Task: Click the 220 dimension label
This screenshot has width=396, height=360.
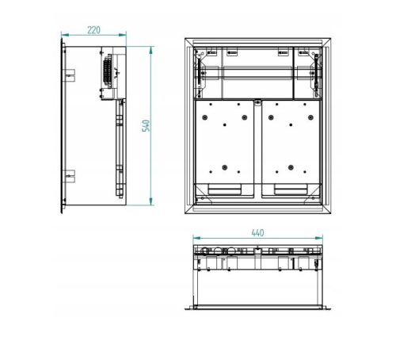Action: click(93, 30)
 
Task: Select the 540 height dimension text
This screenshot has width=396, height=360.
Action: click(146, 126)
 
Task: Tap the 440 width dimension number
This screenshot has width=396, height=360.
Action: click(257, 233)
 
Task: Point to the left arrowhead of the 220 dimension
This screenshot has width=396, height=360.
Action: click(65, 35)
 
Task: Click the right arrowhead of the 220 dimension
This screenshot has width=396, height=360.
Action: click(123, 35)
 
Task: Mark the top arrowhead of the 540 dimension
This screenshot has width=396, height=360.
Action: click(151, 50)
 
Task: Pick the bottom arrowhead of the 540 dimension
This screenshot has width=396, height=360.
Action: click(151, 201)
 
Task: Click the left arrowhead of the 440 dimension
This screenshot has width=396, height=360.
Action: click(197, 238)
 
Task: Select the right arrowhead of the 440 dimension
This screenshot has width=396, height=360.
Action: click(319, 238)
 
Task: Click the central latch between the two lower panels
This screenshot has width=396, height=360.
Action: click(258, 102)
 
